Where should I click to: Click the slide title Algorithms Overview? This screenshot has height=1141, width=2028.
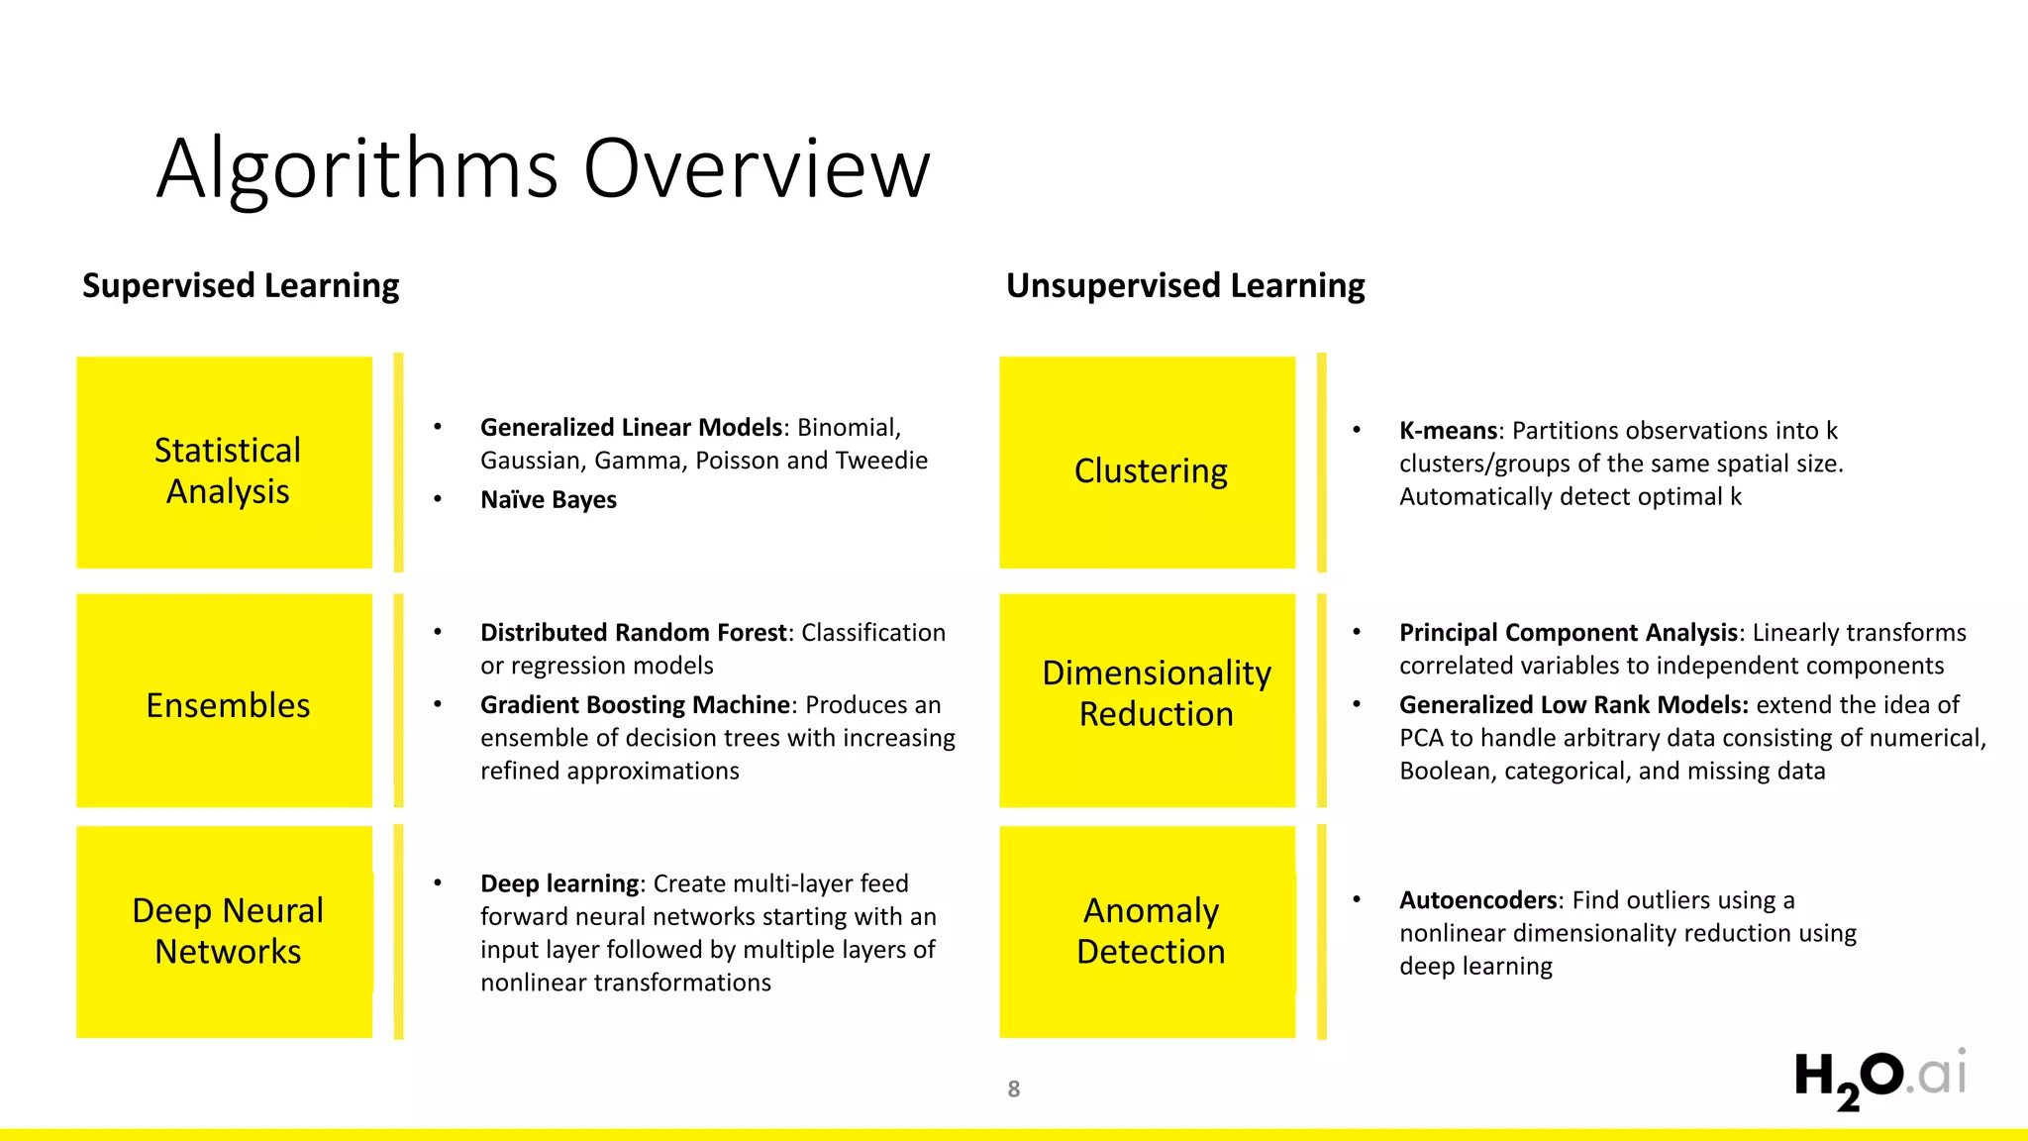[543, 168]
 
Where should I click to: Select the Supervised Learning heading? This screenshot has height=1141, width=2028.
[241, 285]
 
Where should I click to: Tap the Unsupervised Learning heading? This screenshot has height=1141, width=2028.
[1185, 285]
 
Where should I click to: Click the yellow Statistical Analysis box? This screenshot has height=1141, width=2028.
[225, 463]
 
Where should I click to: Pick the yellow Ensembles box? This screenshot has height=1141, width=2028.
[225, 700]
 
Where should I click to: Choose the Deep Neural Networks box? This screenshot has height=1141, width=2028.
[225, 931]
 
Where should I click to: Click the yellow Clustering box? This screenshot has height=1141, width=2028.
[1148, 463]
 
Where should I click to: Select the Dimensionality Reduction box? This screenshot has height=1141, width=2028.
[1148, 700]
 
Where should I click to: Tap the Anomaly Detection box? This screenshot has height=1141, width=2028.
[1148, 931]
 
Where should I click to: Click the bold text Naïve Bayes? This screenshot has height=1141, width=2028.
[549, 500]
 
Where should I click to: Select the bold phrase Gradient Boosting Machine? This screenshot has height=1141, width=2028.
[636, 705]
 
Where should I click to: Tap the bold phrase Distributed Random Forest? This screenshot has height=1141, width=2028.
[634, 633]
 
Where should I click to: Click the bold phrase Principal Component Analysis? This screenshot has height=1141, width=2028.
[1569, 633]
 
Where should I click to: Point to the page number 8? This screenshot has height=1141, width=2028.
[1013, 1089]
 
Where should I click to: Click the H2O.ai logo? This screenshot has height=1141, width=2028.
[1879, 1078]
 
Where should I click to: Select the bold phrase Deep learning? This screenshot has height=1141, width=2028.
[559, 883]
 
